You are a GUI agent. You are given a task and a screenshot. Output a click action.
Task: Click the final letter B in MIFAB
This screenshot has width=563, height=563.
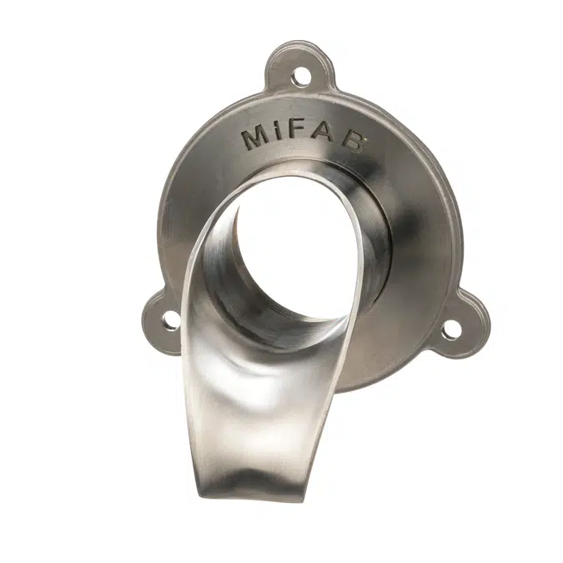[351, 141]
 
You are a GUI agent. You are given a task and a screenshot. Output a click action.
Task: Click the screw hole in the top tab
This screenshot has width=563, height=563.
[300, 76]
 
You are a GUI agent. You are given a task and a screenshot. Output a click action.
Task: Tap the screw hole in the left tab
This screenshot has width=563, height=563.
[171, 319]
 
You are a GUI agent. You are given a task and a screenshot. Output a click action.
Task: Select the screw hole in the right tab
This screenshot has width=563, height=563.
[450, 329]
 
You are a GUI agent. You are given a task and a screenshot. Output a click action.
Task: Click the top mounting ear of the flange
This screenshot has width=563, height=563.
[300, 68]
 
